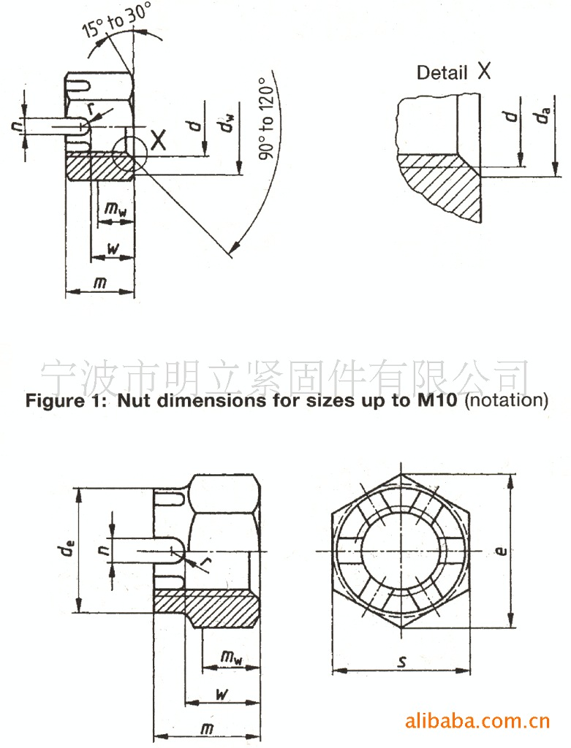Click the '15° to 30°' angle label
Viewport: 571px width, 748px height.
[116, 20]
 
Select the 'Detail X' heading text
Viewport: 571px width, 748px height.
[453, 72]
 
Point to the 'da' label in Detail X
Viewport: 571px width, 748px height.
[542, 115]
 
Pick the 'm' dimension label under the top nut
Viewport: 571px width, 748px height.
[99, 283]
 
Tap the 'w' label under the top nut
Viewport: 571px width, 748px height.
[113, 248]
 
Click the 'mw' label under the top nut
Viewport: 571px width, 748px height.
[116, 208]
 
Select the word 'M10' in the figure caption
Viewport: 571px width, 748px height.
[437, 400]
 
